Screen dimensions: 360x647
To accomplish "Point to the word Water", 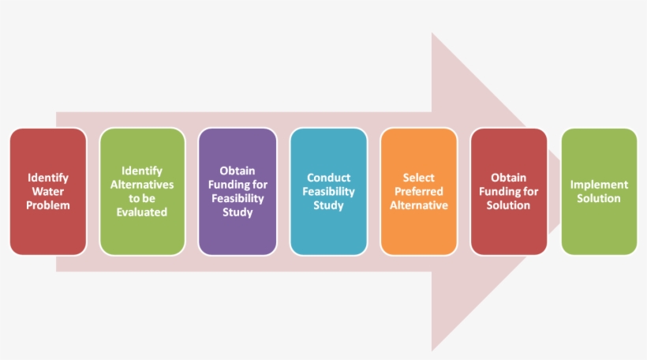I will tap(48, 192).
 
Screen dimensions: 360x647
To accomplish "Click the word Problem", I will tap(48, 205).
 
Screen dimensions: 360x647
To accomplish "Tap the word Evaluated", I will tap(142, 212).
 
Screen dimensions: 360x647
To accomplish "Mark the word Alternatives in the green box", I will tap(142, 185).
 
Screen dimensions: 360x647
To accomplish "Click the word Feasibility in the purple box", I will tap(237, 198).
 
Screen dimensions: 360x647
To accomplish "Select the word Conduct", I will tap(328, 178).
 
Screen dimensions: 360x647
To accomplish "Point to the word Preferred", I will tap(418, 192).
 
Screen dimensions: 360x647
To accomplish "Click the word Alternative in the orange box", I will tap(418, 205).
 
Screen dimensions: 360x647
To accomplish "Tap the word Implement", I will tap(599, 185).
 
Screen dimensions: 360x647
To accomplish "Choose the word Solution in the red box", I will tap(508, 205).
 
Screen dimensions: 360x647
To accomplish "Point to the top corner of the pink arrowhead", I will tap(432, 33).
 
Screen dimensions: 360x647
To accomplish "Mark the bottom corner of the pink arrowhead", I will tap(432, 350).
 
